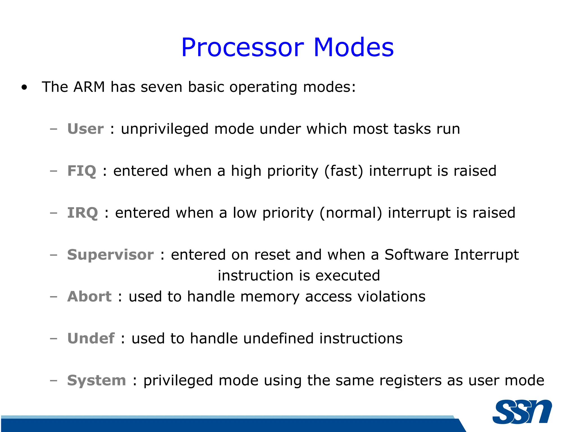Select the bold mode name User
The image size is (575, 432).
click(86, 129)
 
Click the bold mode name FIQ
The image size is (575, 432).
click(82, 171)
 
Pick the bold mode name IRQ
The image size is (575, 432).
click(83, 213)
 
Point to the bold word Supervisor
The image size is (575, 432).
click(110, 255)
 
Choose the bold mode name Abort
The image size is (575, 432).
click(89, 296)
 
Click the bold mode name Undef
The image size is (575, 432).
click(91, 338)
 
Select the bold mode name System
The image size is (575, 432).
click(97, 380)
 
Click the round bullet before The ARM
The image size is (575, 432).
click(24, 87)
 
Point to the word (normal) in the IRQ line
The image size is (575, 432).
click(351, 213)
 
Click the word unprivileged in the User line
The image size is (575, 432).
click(165, 129)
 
